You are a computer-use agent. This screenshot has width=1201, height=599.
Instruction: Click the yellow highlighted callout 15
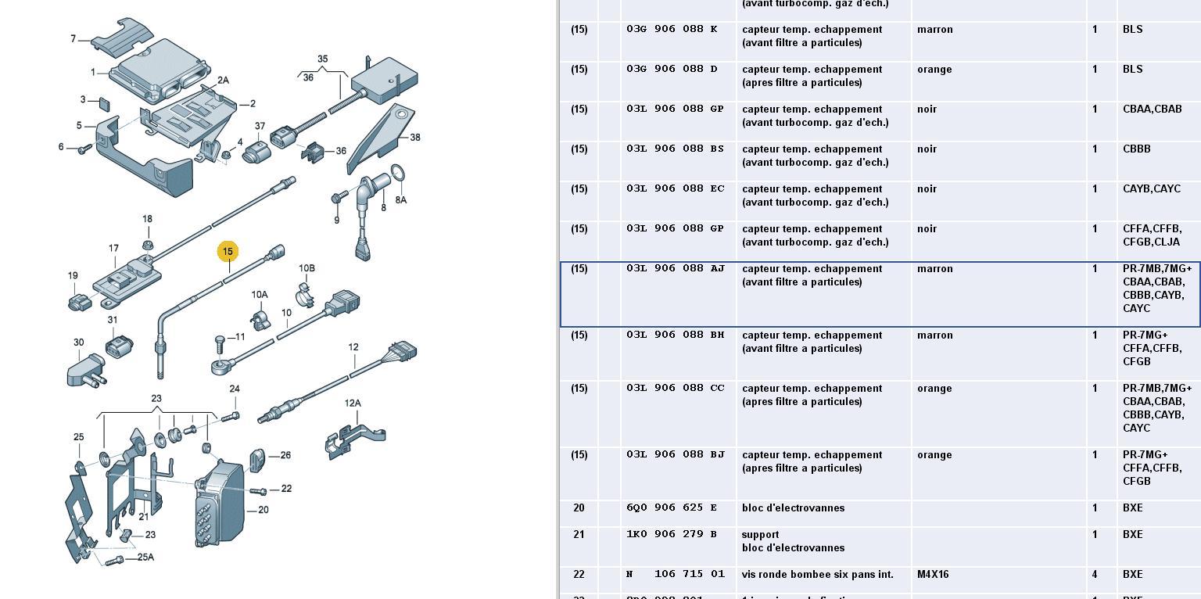point(228,252)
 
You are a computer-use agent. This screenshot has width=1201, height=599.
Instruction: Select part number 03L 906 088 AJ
point(676,268)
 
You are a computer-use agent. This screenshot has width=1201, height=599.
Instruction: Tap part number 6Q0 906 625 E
point(672,508)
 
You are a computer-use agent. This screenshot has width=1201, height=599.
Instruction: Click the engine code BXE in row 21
point(1132,535)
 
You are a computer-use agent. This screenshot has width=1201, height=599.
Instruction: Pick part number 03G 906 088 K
point(672,29)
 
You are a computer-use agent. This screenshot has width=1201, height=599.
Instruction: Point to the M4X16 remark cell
point(933,575)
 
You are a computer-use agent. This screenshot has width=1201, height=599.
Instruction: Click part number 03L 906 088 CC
point(676,389)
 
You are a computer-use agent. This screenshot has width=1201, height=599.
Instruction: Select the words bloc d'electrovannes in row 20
point(793,508)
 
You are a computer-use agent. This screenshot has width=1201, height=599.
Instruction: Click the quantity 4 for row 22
point(1095,575)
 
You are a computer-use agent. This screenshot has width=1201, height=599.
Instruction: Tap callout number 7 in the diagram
point(73,38)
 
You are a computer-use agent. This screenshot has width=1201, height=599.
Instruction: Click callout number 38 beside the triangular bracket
point(414,138)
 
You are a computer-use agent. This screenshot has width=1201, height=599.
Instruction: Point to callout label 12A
point(353,404)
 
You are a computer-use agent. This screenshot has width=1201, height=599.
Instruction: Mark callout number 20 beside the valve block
point(263,510)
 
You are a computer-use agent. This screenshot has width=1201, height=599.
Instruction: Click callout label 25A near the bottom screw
point(145,558)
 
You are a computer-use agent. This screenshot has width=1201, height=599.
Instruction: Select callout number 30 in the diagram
point(78,343)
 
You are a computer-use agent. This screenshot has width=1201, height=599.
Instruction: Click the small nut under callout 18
point(148,235)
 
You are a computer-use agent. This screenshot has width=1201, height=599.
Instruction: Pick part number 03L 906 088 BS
point(676,149)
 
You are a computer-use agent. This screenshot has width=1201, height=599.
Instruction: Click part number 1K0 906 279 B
point(672,535)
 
